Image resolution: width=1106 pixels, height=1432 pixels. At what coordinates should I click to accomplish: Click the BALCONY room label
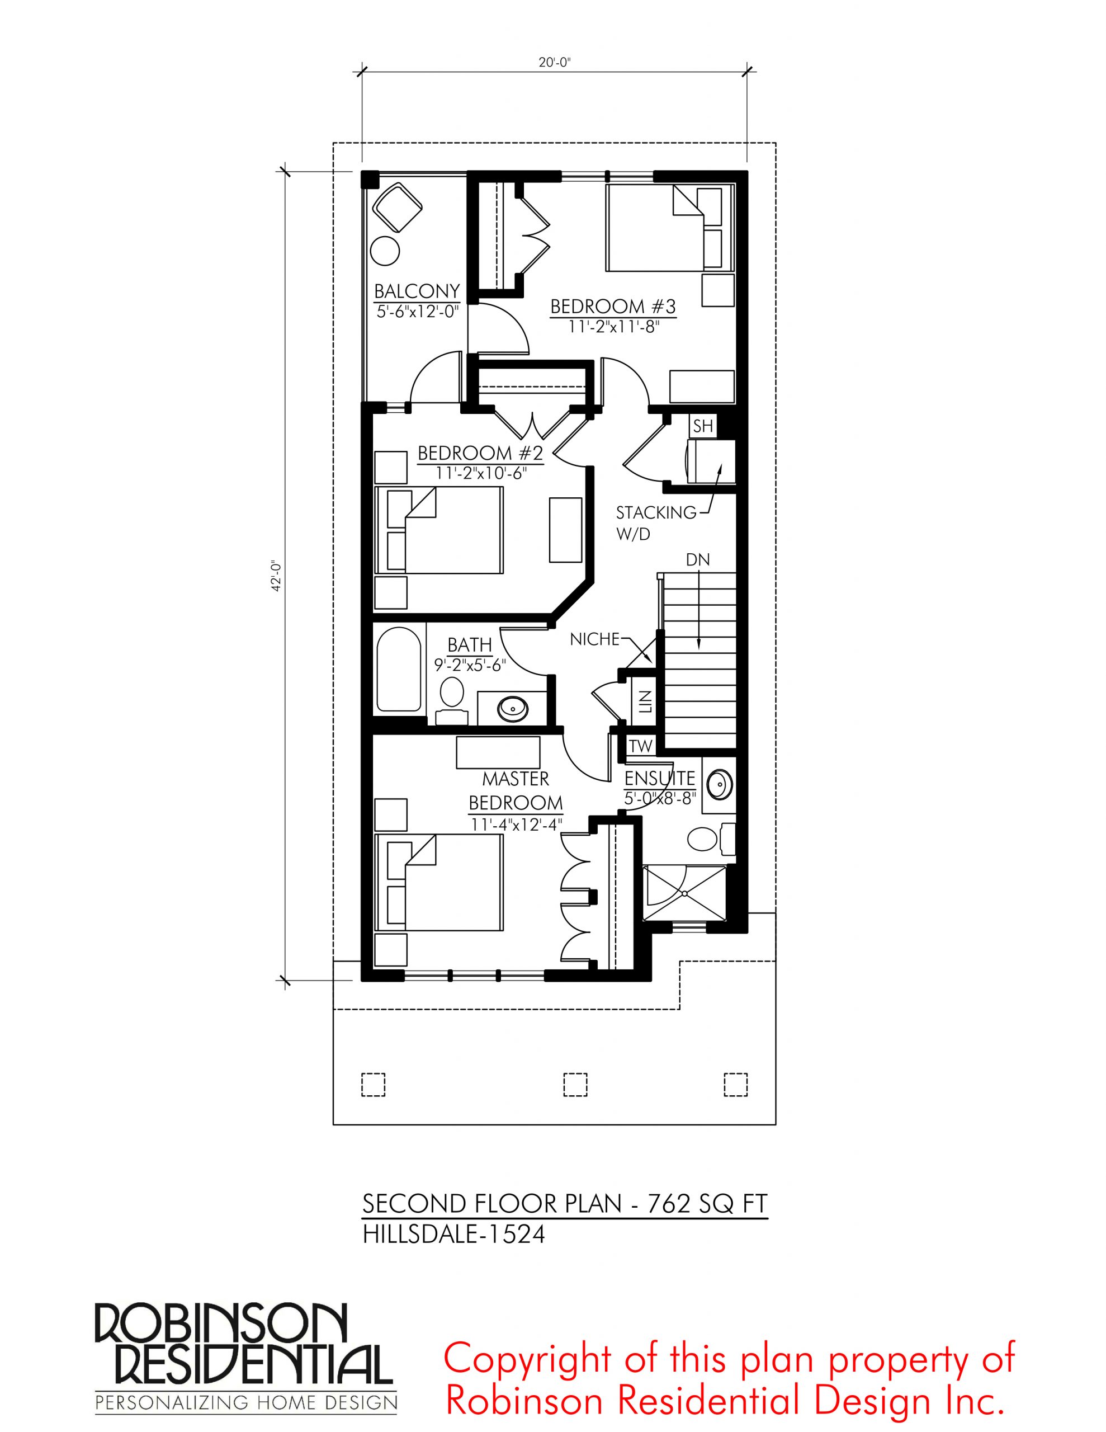[417, 290]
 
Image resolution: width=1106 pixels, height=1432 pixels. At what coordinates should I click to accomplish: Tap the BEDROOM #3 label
[613, 306]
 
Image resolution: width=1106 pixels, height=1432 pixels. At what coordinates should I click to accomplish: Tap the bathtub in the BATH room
[399, 670]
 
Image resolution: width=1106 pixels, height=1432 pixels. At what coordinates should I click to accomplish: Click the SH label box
[703, 426]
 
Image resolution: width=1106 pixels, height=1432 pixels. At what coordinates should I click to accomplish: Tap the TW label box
[641, 746]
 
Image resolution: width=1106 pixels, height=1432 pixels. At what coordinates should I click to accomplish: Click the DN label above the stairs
[698, 560]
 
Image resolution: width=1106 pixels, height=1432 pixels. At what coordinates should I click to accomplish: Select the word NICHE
[594, 639]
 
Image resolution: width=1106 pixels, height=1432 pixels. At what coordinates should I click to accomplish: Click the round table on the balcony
[385, 251]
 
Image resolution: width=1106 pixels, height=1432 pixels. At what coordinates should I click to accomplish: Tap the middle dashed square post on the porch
[575, 1084]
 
